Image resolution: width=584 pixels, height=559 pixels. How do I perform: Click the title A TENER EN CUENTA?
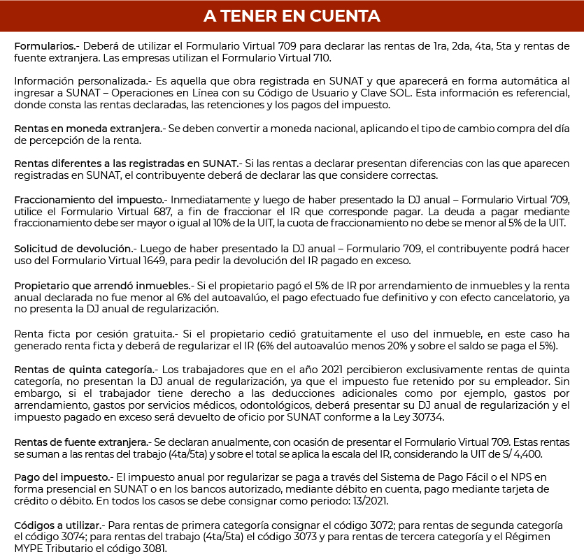(292, 15)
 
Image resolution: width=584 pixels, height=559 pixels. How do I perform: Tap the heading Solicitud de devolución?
(73, 249)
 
